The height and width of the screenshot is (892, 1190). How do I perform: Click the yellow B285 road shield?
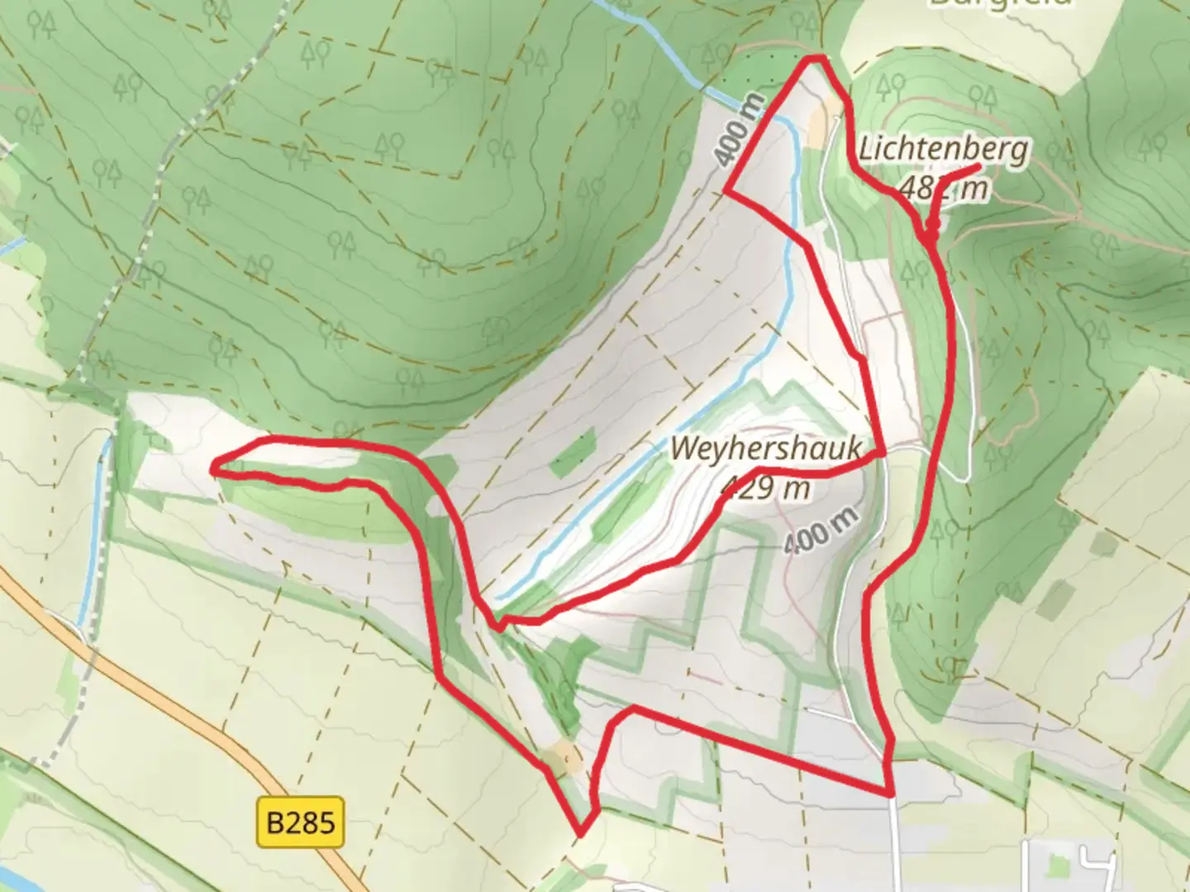pyautogui.click(x=300, y=822)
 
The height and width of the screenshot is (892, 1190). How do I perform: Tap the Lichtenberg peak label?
pyautogui.click(x=944, y=150)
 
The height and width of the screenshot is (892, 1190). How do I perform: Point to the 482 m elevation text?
pyautogui.click(x=944, y=188)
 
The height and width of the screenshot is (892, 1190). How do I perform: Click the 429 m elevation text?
pyautogui.click(x=766, y=488)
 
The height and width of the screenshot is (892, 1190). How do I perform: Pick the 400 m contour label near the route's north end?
pyautogui.click(x=740, y=129)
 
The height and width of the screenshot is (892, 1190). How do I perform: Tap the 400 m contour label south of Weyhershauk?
pyautogui.click(x=821, y=529)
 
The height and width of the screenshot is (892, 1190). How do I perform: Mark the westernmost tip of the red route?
pyautogui.click(x=214, y=468)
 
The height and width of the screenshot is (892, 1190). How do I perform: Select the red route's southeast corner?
pyautogui.click(x=892, y=795)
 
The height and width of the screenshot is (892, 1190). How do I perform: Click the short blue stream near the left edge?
pyautogui.click(x=95, y=529)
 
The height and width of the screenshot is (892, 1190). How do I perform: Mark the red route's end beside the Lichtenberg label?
pyautogui.click(x=979, y=168)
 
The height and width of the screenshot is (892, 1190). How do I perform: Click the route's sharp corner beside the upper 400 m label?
pyautogui.click(x=726, y=191)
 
